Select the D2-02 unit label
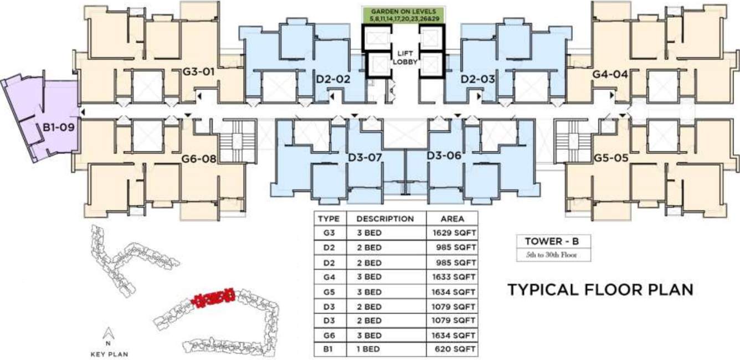point(333,79)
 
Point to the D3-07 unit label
point(365,157)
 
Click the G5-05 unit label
point(610,158)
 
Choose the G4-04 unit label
point(609,74)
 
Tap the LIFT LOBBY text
point(404,58)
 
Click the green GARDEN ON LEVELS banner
point(403,15)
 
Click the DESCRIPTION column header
point(384,219)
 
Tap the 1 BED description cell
point(369,350)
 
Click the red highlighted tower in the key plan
point(214,298)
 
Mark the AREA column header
point(452,219)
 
